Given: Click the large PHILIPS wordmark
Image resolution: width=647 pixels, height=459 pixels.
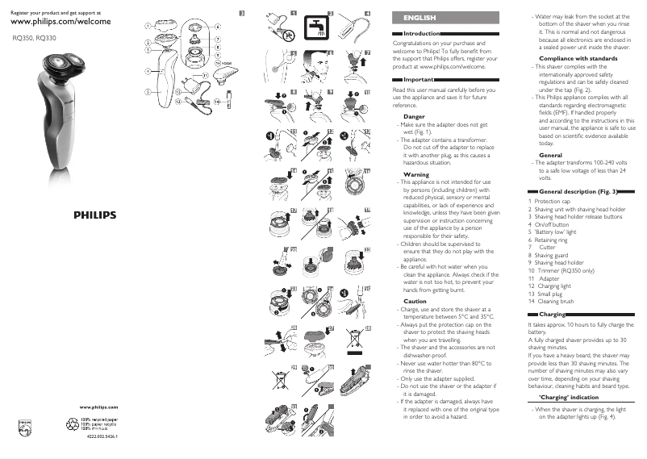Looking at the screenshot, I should coord(96,215).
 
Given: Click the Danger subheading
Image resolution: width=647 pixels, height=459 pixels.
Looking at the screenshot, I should coord(414,116).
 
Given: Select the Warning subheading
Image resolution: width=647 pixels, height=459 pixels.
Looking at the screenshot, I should coord(415,174).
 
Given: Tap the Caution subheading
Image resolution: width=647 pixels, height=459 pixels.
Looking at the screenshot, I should coord(415,301).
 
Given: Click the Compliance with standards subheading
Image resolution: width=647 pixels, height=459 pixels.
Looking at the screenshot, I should coord(573,58).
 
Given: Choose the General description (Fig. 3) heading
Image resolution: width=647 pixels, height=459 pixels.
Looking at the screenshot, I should coord(577,192).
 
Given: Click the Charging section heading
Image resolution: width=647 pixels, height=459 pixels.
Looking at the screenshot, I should coord(552,314).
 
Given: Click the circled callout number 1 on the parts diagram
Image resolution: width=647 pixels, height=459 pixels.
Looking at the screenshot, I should coord(148,25).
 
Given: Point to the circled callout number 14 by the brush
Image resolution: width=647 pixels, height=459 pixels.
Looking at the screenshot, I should coord(217,102).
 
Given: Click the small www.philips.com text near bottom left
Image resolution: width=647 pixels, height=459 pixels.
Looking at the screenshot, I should coord(99,409).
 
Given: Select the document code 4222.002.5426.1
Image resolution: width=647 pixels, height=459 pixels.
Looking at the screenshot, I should coord(102,436).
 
